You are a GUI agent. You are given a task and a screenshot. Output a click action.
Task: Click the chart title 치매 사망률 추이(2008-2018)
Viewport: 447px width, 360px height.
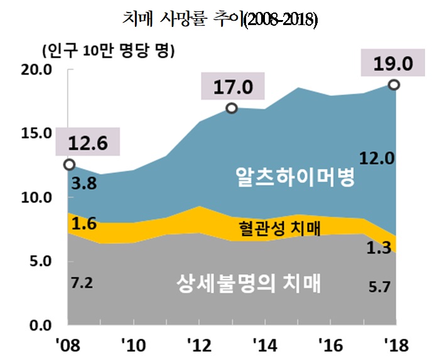pos(220,20)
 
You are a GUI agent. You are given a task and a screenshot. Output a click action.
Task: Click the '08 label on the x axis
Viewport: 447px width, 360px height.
pos(66,344)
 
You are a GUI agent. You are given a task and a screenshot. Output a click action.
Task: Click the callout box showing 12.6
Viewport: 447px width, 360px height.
pos(87,144)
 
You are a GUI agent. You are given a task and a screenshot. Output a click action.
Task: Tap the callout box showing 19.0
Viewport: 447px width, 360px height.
pos(394,65)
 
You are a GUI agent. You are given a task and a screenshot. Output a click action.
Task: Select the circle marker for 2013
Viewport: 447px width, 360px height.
pos(231,108)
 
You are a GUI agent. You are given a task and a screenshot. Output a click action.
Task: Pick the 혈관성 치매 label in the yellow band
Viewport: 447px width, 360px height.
pos(279,227)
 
